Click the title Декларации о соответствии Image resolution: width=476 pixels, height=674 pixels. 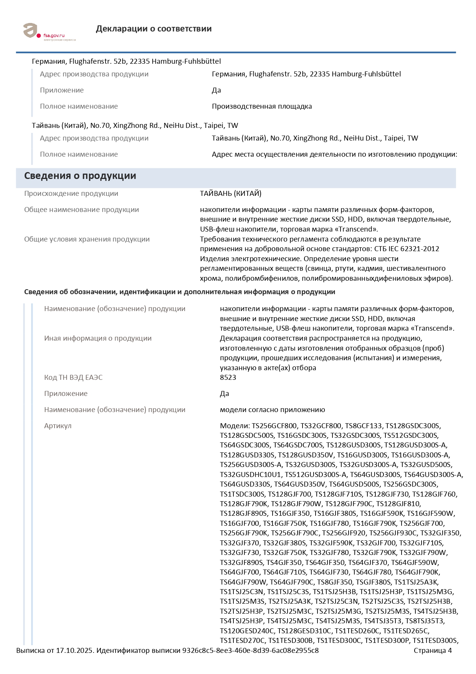154,29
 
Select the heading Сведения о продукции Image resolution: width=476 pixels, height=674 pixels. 80,176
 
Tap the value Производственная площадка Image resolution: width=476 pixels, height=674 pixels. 261,106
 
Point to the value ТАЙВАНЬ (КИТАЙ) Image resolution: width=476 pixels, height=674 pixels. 230,194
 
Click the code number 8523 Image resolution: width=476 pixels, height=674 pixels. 228,378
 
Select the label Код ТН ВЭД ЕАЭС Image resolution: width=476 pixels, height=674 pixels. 73,378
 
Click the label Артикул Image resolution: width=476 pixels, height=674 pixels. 58,426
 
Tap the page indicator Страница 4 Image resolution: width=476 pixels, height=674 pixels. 432,651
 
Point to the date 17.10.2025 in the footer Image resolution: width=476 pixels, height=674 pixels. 74,651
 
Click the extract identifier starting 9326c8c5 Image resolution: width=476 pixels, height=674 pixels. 250,651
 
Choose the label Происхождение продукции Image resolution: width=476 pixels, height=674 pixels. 71,194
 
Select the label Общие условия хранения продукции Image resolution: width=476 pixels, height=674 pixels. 87,239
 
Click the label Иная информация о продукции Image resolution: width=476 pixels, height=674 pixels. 98,338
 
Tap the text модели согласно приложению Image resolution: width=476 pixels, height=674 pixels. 272,410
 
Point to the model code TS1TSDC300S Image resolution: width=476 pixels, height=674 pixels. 242,494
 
